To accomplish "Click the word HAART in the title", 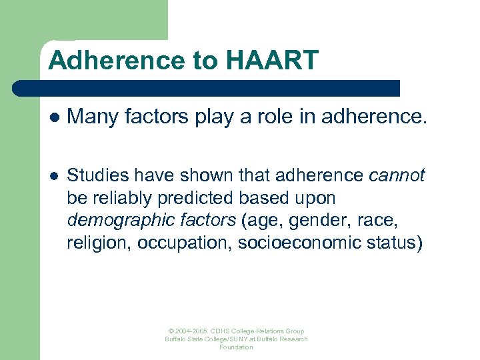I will pyautogui.click(x=273, y=61).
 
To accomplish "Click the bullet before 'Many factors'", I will pyautogui.click(x=53, y=117).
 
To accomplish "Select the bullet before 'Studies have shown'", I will pyautogui.click(x=53, y=176).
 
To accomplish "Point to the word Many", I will pyautogui.click(x=89, y=117).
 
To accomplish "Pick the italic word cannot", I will pyautogui.click(x=397, y=176).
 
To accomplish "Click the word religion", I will pyautogui.click(x=99, y=242).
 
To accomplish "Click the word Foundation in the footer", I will pyautogui.click(x=237, y=347).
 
